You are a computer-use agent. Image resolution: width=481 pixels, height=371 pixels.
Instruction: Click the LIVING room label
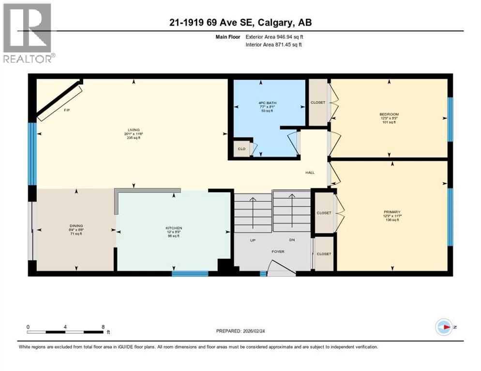(134, 130)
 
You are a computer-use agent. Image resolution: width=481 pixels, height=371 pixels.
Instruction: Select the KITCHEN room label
(173, 228)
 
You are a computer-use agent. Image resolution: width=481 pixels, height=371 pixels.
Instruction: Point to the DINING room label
(76, 226)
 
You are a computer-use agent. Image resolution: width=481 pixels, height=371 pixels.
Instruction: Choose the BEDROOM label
(389, 114)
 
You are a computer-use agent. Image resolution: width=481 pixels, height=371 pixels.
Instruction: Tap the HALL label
(310, 172)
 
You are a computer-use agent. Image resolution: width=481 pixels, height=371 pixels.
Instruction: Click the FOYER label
(278, 252)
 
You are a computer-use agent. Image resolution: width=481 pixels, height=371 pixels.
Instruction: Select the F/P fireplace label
(67, 110)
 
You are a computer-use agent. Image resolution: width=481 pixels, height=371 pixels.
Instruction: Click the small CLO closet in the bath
(241, 149)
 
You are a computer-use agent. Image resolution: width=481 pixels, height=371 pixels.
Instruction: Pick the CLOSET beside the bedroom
(318, 102)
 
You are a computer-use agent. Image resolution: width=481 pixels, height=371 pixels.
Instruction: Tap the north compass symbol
(445, 327)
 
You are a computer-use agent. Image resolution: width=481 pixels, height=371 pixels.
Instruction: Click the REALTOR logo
(28, 33)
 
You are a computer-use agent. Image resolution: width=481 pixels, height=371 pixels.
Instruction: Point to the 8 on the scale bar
(103, 327)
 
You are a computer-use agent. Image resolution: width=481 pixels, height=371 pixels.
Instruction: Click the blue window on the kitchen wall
(190, 274)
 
